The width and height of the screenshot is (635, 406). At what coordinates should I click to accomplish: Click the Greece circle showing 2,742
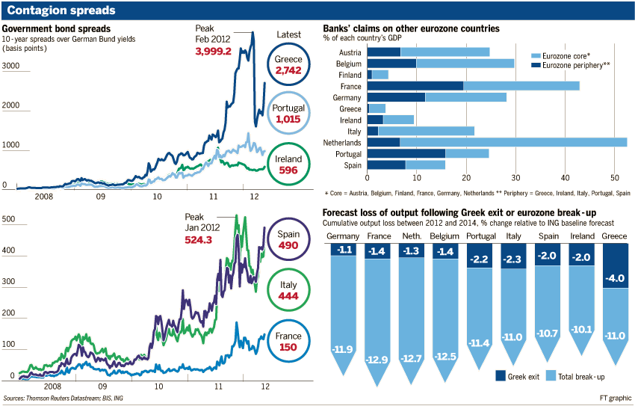click(288, 64)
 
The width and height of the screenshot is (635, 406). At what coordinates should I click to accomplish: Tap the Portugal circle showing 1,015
click(288, 114)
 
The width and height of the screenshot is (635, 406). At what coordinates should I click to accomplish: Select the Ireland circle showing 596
click(288, 164)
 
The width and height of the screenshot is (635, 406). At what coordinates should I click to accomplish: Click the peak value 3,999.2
click(214, 52)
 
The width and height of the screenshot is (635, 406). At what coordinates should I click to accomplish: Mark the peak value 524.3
click(203, 240)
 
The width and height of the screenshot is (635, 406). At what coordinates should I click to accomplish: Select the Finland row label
click(349, 75)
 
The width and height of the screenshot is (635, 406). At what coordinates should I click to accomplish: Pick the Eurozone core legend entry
click(565, 56)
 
